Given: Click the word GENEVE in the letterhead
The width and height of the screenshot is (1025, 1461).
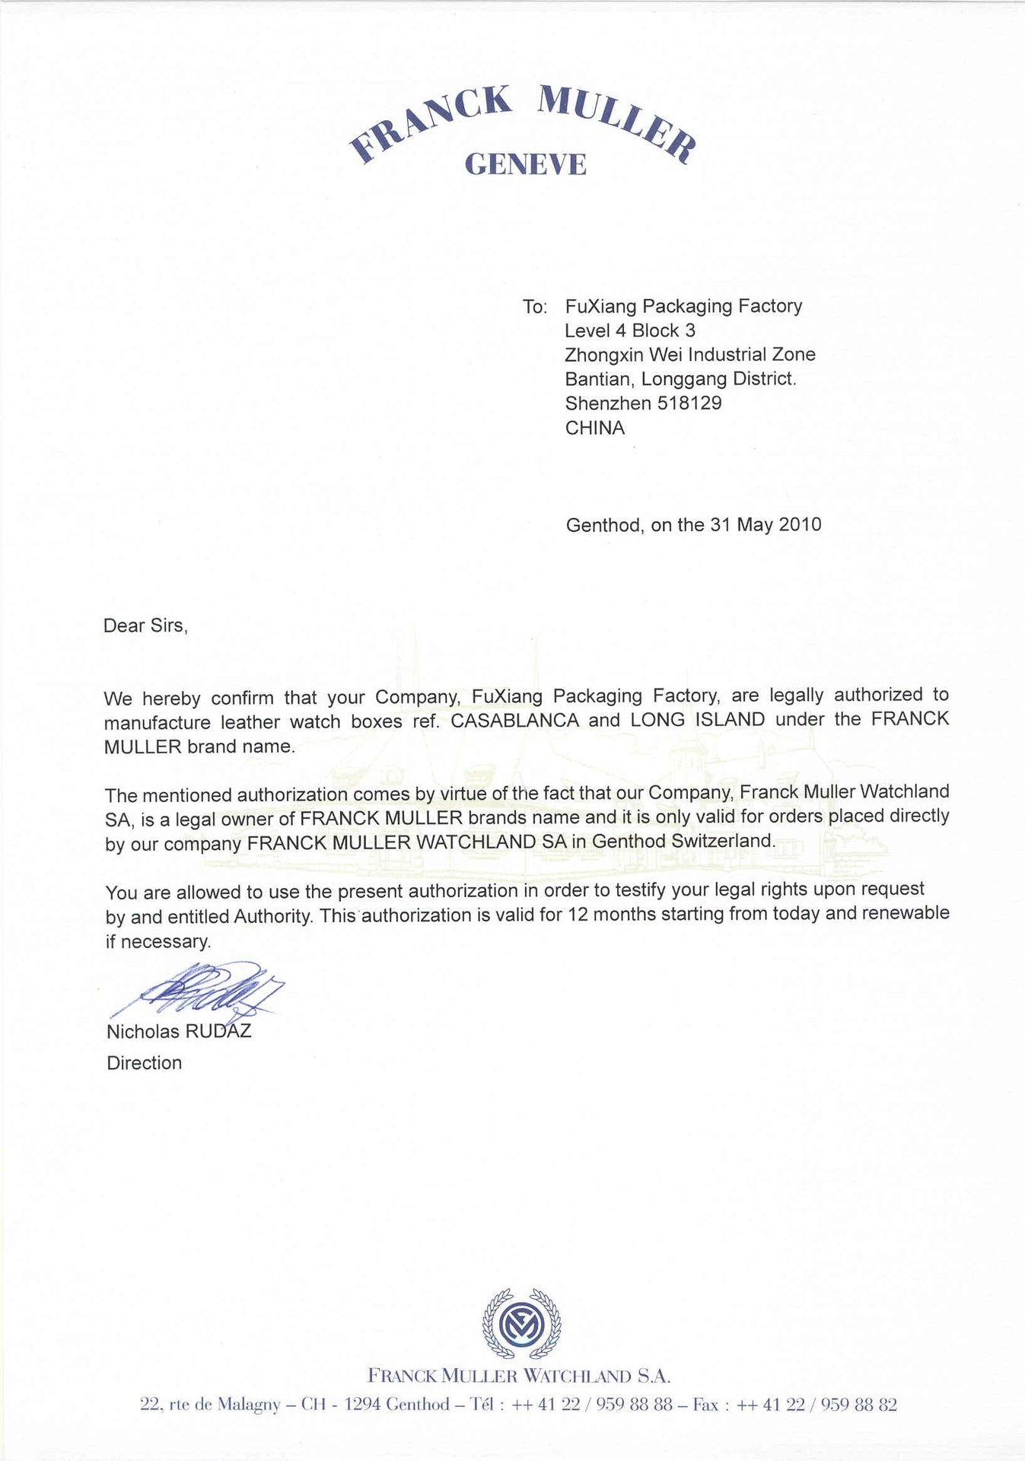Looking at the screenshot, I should coord(525,164).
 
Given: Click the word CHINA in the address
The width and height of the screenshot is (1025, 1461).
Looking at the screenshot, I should coord(594,428).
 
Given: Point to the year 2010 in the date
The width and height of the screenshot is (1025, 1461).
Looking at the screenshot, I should coord(800,524).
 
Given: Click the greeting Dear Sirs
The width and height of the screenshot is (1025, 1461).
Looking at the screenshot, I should coord(145,625).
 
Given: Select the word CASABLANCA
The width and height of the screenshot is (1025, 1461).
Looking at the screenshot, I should coord(515,721).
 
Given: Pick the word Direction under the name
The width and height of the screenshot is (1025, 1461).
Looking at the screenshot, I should coord(144,1063).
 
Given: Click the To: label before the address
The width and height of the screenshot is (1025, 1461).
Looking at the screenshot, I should coord(535,307).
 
